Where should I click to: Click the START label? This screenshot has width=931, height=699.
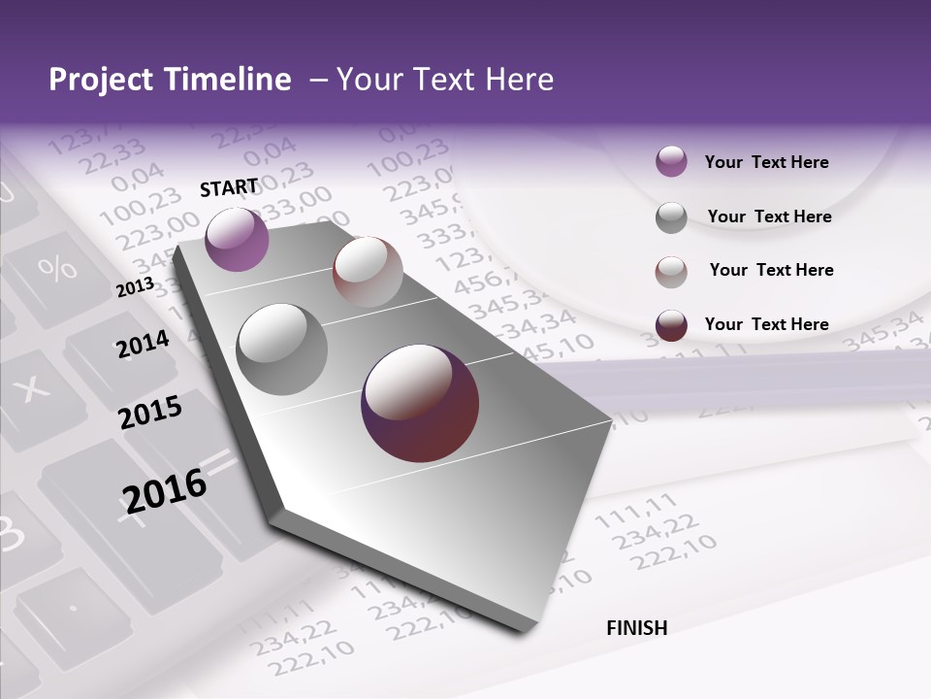click(x=229, y=187)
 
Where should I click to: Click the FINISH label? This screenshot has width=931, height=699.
click(x=637, y=628)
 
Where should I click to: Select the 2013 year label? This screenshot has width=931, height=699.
click(x=135, y=287)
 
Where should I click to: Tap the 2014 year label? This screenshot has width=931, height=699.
click(x=144, y=344)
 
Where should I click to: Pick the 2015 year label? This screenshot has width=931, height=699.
click(x=150, y=413)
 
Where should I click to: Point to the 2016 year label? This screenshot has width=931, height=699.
click(x=165, y=490)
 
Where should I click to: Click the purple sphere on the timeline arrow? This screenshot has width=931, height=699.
click(x=237, y=239)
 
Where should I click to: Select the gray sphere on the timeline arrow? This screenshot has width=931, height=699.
click(x=282, y=349)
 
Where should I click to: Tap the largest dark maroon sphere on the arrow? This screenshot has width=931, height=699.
click(x=420, y=403)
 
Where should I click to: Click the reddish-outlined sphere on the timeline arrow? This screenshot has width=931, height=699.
click(x=368, y=272)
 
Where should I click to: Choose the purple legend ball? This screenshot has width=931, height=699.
click(x=671, y=162)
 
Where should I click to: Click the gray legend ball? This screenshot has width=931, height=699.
click(x=671, y=217)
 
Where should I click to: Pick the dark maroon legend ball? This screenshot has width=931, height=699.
click(x=671, y=325)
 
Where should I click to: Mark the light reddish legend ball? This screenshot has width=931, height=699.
click(x=671, y=272)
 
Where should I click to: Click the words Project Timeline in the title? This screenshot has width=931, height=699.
click(x=170, y=80)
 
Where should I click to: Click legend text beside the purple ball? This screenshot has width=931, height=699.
click(x=766, y=162)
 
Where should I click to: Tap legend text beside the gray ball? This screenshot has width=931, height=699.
click(x=769, y=216)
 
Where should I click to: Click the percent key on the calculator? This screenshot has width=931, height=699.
click(x=57, y=267)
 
